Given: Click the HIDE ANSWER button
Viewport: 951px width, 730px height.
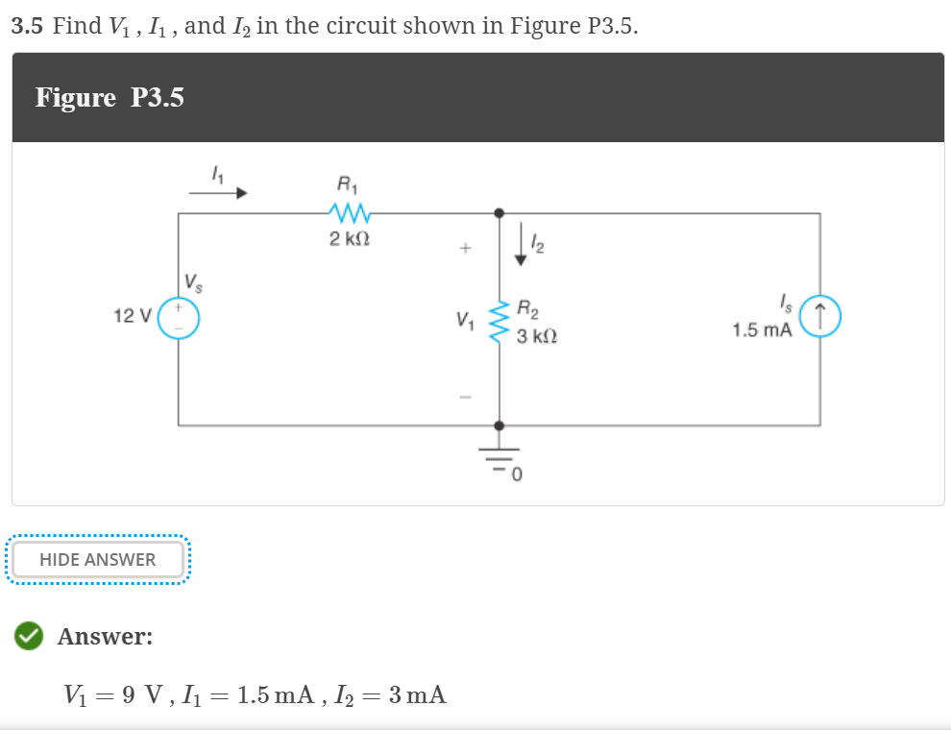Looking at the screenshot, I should tap(97, 559).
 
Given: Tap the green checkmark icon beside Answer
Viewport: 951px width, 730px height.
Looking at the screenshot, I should tap(29, 636).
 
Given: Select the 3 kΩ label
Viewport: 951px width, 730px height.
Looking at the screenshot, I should tap(536, 337).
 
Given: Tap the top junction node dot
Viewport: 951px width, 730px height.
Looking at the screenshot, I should tap(499, 213).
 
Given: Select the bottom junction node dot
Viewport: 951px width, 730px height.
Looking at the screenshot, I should tap(499, 425).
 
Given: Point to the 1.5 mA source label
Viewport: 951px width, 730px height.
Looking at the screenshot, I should tap(761, 330).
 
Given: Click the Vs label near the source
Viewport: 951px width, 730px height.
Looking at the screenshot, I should tap(195, 283).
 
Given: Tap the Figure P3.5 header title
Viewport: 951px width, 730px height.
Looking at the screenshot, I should tap(110, 98).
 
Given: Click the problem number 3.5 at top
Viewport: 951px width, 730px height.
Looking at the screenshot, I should tap(28, 26).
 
